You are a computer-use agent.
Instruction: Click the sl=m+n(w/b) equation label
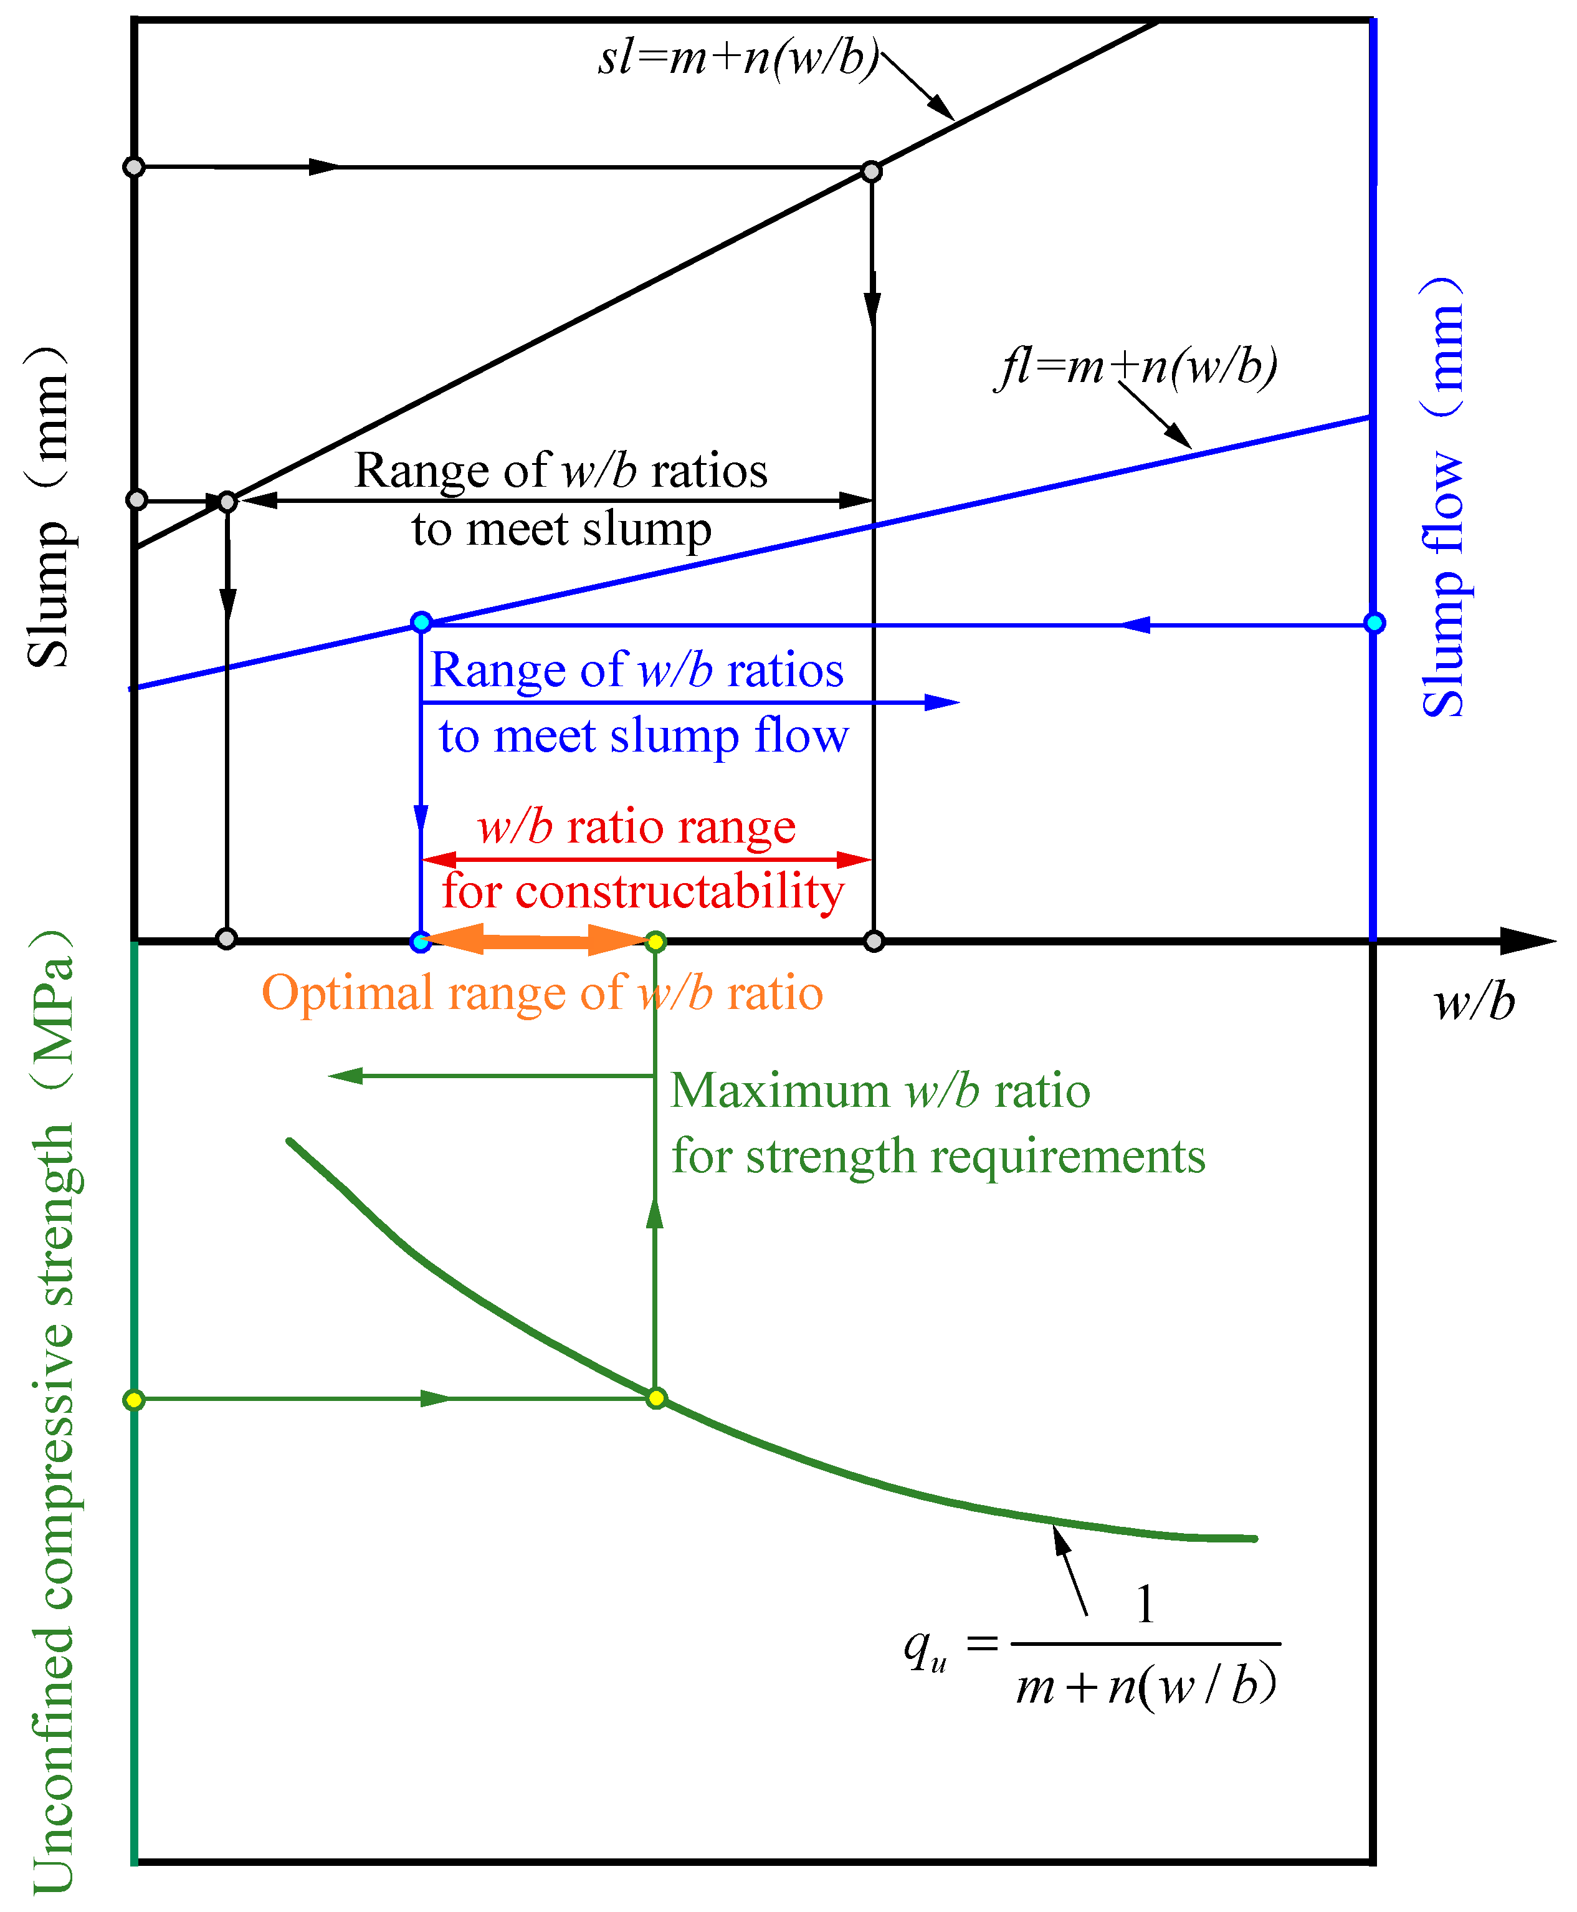pos(738,58)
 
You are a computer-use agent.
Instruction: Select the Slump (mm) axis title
pos(49,507)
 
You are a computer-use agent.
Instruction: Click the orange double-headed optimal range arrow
pos(536,940)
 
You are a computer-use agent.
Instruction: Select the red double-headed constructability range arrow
pos(646,859)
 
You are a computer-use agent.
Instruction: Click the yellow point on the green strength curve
pos(656,1398)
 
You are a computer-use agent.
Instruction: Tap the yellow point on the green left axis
pos(133,1400)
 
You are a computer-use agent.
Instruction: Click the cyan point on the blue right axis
pos(1373,623)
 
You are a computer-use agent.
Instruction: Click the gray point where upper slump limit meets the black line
pos(871,171)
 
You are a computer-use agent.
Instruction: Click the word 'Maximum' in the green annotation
pos(780,1091)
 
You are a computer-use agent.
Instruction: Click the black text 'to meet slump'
pos(561,529)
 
